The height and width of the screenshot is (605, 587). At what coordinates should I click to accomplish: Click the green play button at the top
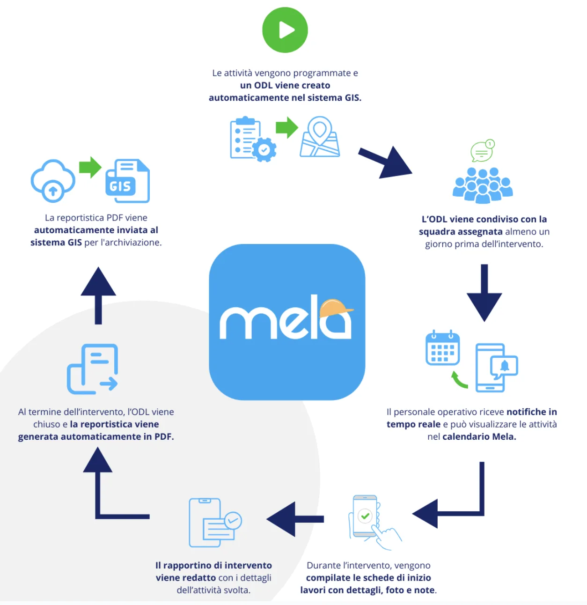click(x=285, y=30)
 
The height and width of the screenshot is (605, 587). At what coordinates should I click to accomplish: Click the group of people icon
click(x=483, y=185)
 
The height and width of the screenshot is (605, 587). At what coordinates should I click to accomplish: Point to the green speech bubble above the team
click(x=482, y=151)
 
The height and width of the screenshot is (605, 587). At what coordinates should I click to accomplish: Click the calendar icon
click(x=442, y=348)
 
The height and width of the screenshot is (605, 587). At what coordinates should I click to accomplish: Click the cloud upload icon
click(x=53, y=181)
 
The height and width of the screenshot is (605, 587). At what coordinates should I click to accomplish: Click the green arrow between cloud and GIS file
click(x=90, y=167)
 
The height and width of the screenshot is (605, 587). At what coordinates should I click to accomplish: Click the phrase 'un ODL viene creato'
click(x=285, y=85)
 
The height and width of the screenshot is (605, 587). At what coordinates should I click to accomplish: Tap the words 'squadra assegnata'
click(x=461, y=231)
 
